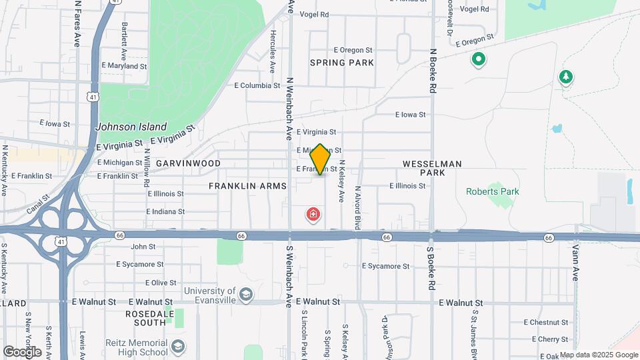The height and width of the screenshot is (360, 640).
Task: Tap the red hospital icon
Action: click(x=312, y=215)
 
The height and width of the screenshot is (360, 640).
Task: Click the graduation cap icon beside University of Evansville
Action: click(x=246, y=295)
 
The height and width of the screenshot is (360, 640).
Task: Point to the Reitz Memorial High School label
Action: click(x=136, y=347)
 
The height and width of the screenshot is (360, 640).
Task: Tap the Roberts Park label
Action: click(x=492, y=191)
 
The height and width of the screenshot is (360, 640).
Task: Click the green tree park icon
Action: click(x=566, y=77)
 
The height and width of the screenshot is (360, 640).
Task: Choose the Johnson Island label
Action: click(x=131, y=127)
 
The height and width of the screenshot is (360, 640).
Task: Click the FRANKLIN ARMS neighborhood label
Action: click(x=247, y=186)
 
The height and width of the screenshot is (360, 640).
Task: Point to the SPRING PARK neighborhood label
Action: click(x=342, y=63)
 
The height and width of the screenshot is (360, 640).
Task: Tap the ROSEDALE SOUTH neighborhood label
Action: click(x=150, y=317)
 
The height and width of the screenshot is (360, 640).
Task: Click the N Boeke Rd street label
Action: click(x=433, y=69)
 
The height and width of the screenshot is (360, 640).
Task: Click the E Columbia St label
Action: click(x=257, y=85)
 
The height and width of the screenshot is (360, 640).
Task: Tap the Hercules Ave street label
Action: click(x=273, y=51)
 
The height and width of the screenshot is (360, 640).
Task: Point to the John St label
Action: click(x=143, y=247)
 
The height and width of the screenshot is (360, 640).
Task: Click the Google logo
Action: click(x=22, y=351)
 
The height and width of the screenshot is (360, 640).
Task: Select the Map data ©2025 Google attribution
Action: click(x=598, y=355)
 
